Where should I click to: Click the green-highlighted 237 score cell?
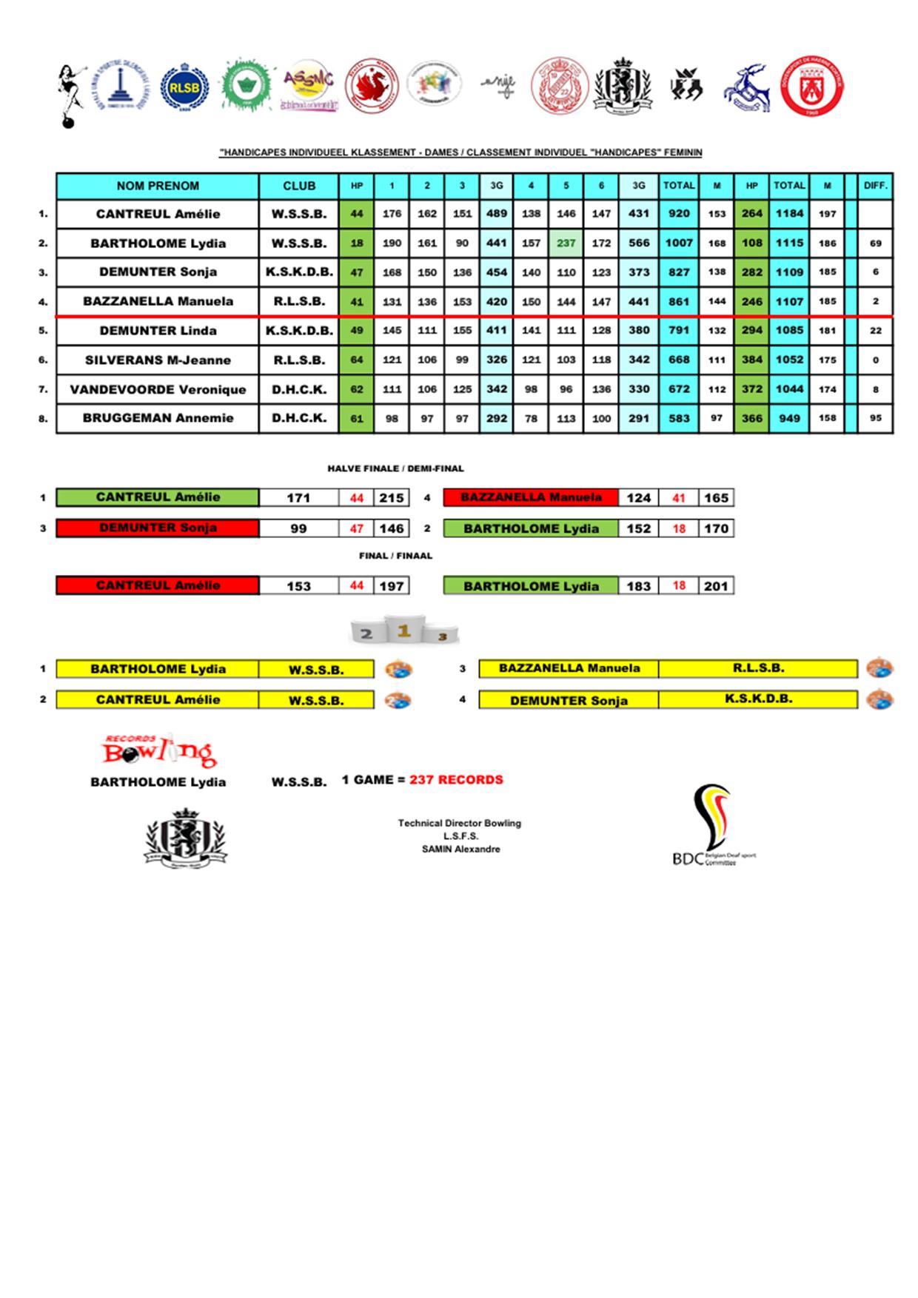[x=566, y=243]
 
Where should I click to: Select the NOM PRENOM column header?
[x=158, y=186]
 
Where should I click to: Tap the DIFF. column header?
[x=875, y=186]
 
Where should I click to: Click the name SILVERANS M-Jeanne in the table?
[x=158, y=360]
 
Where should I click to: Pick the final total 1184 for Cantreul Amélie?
[x=789, y=214]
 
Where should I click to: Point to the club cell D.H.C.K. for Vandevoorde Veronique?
[x=298, y=389]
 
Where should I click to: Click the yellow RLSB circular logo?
[x=184, y=87]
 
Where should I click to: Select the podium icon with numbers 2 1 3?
[x=404, y=630]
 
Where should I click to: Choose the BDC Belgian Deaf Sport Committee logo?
[x=711, y=827]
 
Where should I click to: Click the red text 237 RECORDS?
[x=456, y=780]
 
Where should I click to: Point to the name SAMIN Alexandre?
[x=460, y=850]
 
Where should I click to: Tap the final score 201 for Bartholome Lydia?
[x=716, y=586]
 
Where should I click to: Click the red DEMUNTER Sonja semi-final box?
[x=158, y=528]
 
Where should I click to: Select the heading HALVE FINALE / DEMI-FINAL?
[x=395, y=468]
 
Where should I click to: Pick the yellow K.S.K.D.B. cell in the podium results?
[x=758, y=699]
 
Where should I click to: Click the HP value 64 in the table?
[x=357, y=360]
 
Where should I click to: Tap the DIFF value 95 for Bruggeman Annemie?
[x=875, y=418]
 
